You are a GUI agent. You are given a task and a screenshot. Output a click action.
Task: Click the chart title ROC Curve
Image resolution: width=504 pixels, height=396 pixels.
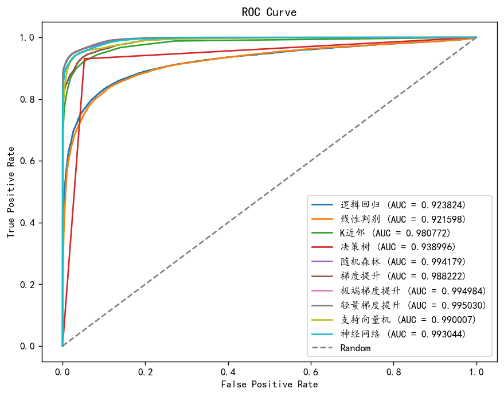pyautogui.click(x=269, y=11)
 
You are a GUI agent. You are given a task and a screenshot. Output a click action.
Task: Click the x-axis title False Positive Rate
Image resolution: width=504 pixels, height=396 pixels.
pyautogui.click(x=269, y=383)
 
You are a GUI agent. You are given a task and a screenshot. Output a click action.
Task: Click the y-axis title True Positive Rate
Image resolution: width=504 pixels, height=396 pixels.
pyautogui.click(x=10, y=192)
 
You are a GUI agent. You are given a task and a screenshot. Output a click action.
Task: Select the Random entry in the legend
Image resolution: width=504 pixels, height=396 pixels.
pyautogui.click(x=355, y=348)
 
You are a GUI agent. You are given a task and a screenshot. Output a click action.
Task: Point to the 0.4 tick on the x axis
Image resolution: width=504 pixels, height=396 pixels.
pyautogui.click(x=228, y=371)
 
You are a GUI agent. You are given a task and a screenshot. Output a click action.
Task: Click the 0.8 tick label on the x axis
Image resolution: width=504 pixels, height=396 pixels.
pyautogui.click(x=393, y=371)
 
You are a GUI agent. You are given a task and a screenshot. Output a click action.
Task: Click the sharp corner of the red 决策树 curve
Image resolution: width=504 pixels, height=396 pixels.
pyautogui.click(x=85, y=59)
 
